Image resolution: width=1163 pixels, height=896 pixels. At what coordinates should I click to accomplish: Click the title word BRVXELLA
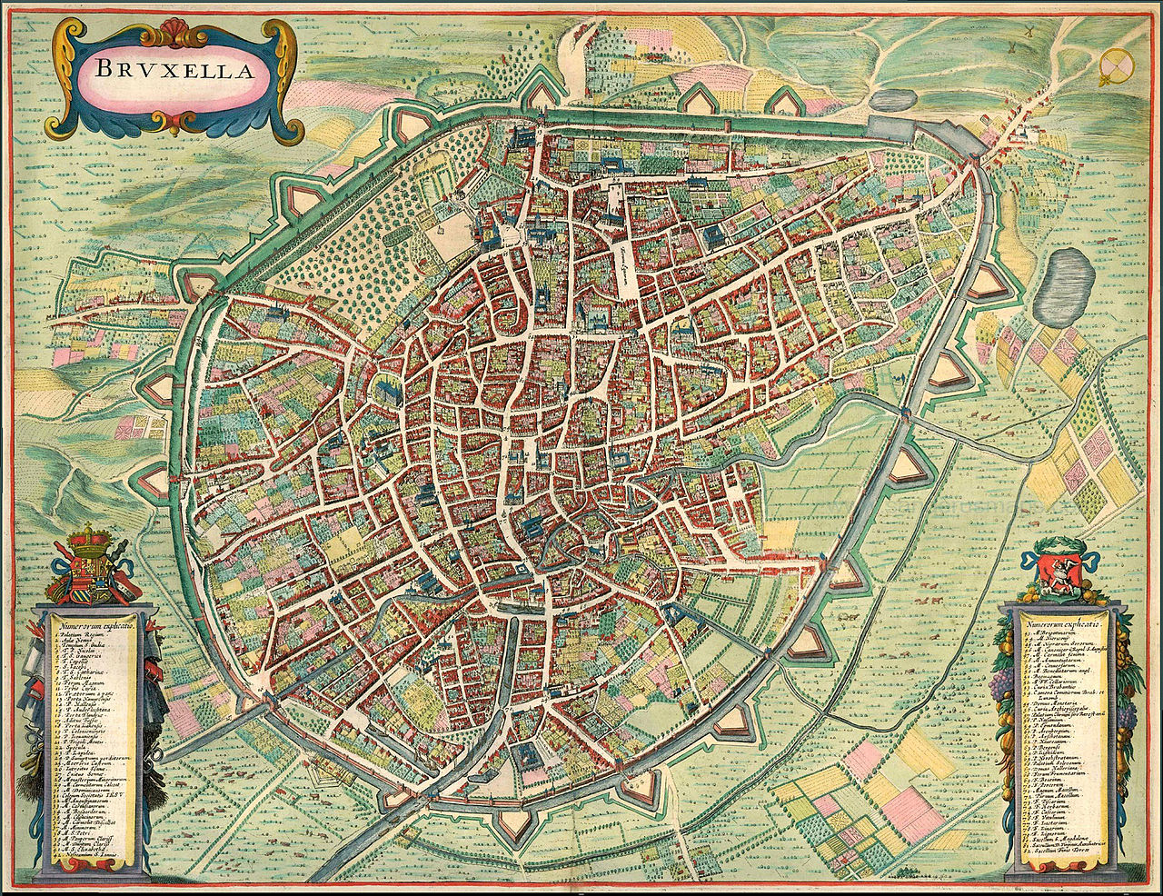coord(170,70)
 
